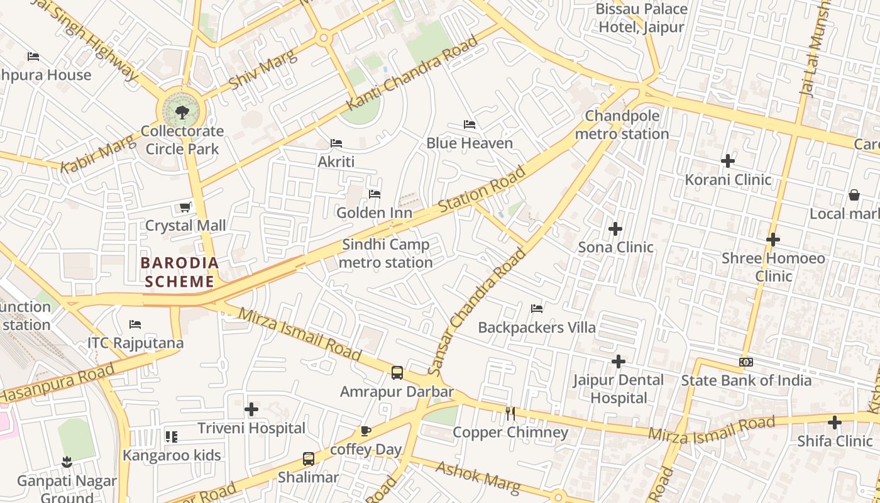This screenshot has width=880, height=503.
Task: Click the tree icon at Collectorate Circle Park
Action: pyautogui.click(x=182, y=113)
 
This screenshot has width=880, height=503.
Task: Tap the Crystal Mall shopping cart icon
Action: pyautogui.click(x=185, y=207)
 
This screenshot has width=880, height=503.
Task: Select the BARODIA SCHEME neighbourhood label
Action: pyautogui.click(x=180, y=272)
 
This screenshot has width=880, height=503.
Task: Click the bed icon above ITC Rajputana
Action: pyautogui.click(x=135, y=324)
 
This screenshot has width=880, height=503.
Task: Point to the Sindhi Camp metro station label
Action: pyautogui.click(x=385, y=253)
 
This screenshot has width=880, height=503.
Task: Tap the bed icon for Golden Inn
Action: pyautogui.click(x=375, y=194)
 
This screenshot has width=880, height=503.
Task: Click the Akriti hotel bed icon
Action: pyautogui.click(x=336, y=143)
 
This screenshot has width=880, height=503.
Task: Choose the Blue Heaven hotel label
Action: pyautogui.click(x=470, y=143)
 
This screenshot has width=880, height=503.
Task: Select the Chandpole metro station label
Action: pyautogui.click(x=622, y=125)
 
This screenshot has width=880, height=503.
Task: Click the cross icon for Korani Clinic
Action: pyautogui.click(x=728, y=161)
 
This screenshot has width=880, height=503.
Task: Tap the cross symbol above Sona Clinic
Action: pyautogui.click(x=615, y=229)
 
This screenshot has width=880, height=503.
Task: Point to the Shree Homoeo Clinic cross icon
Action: pyautogui.click(x=773, y=240)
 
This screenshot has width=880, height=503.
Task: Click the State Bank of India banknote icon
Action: pyautogui.click(x=746, y=362)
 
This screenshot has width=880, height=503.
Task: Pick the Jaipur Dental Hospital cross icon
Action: pyautogui.click(x=619, y=362)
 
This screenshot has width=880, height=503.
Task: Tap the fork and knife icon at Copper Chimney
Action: pyautogui.click(x=510, y=413)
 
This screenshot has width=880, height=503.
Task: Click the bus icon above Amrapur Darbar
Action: pyautogui.click(x=397, y=373)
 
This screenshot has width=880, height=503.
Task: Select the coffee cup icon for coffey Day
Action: pyautogui.click(x=366, y=431)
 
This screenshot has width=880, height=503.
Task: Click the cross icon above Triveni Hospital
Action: pyautogui.click(x=251, y=410)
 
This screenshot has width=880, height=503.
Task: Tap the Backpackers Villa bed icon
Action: pyautogui.click(x=537, y=309)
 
